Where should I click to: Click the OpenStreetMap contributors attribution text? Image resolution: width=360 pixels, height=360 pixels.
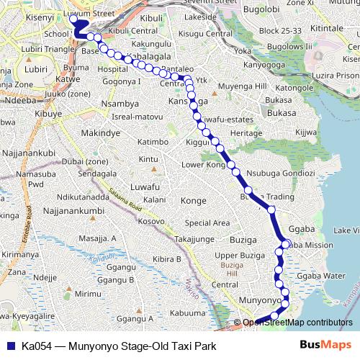(297, 323)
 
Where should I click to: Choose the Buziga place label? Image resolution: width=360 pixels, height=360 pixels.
(243, 239)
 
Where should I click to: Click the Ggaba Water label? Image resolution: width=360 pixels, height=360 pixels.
(321, 276)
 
